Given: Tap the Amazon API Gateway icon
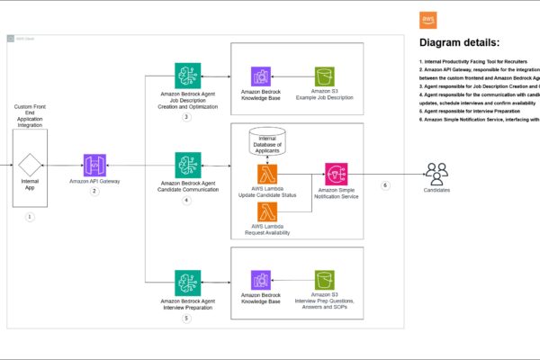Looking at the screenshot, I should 94,165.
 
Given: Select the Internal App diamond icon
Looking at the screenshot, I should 30,165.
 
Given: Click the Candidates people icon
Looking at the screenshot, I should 437,172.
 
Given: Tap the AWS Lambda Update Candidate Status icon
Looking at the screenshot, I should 269,174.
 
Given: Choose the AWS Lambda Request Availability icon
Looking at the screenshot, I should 269,212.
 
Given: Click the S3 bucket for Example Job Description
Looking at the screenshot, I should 325,77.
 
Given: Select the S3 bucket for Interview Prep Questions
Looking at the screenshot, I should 325,281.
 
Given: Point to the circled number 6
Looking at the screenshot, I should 385,185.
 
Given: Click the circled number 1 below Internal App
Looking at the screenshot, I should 30,217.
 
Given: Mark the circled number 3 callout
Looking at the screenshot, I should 186,117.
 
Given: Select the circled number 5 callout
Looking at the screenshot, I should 186,318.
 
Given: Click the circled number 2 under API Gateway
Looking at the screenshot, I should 94,191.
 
